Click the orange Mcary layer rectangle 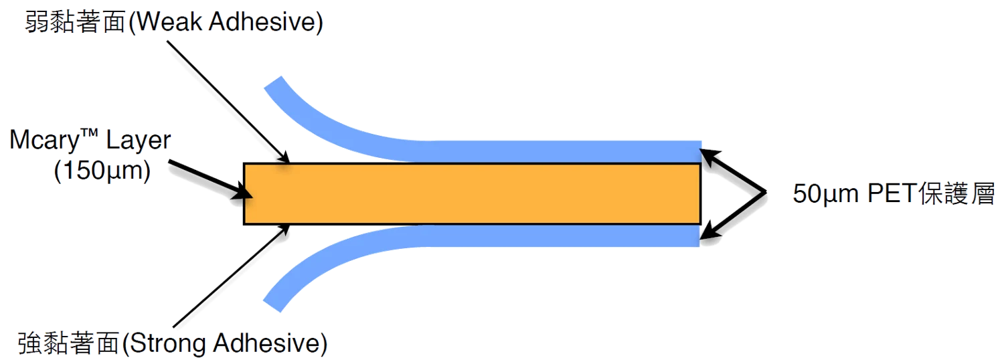[x=472, y=193]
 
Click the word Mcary [x=44, y=141]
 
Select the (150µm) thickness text [x=102, y=171]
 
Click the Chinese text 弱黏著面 [x=75, y=21]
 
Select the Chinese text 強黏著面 [x=68, y=343]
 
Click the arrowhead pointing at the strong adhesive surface [x=284, y=230]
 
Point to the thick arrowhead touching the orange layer [x=242, y=193]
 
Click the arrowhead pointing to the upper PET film [x=708, y=157]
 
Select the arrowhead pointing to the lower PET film [x=708, y=231]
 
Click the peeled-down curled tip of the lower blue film [x=272, y=304]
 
